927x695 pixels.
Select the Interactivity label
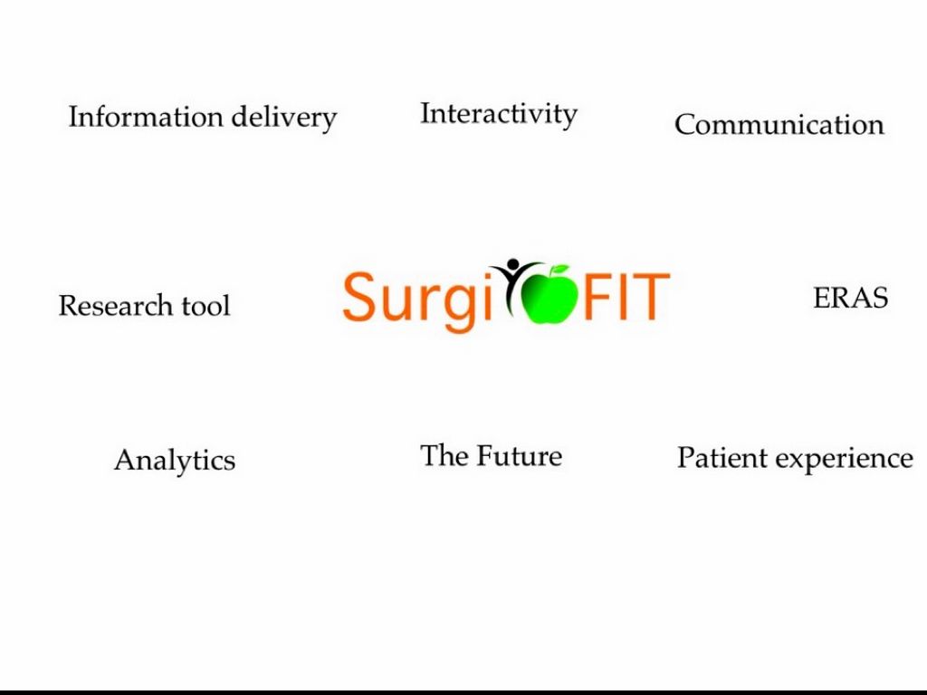pyautogui.click(x=498, y=115)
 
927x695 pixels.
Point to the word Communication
pyautogui.click(x=779, y=125)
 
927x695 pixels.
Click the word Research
pyautogui.click(x=116, y=306)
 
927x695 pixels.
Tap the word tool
pyautogui.click(x=205, y=306)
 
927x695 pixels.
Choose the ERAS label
pyautogui.click(x=850, y=298)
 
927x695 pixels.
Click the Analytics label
pyautogui.click(x=175, y=461)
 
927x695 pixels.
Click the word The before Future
pyautogui.click(x=444, y=455)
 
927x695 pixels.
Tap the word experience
pyautogui.click(x=843, y=460)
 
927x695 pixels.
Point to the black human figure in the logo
pyautogui.click(x=511, y=281)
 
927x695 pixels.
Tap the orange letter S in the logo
pyautogui.click(x=359, y=296)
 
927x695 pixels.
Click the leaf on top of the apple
pyautogui.click(x=559, y=271)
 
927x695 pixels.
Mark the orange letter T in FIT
pyautogui.click(x=651, y=296)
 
